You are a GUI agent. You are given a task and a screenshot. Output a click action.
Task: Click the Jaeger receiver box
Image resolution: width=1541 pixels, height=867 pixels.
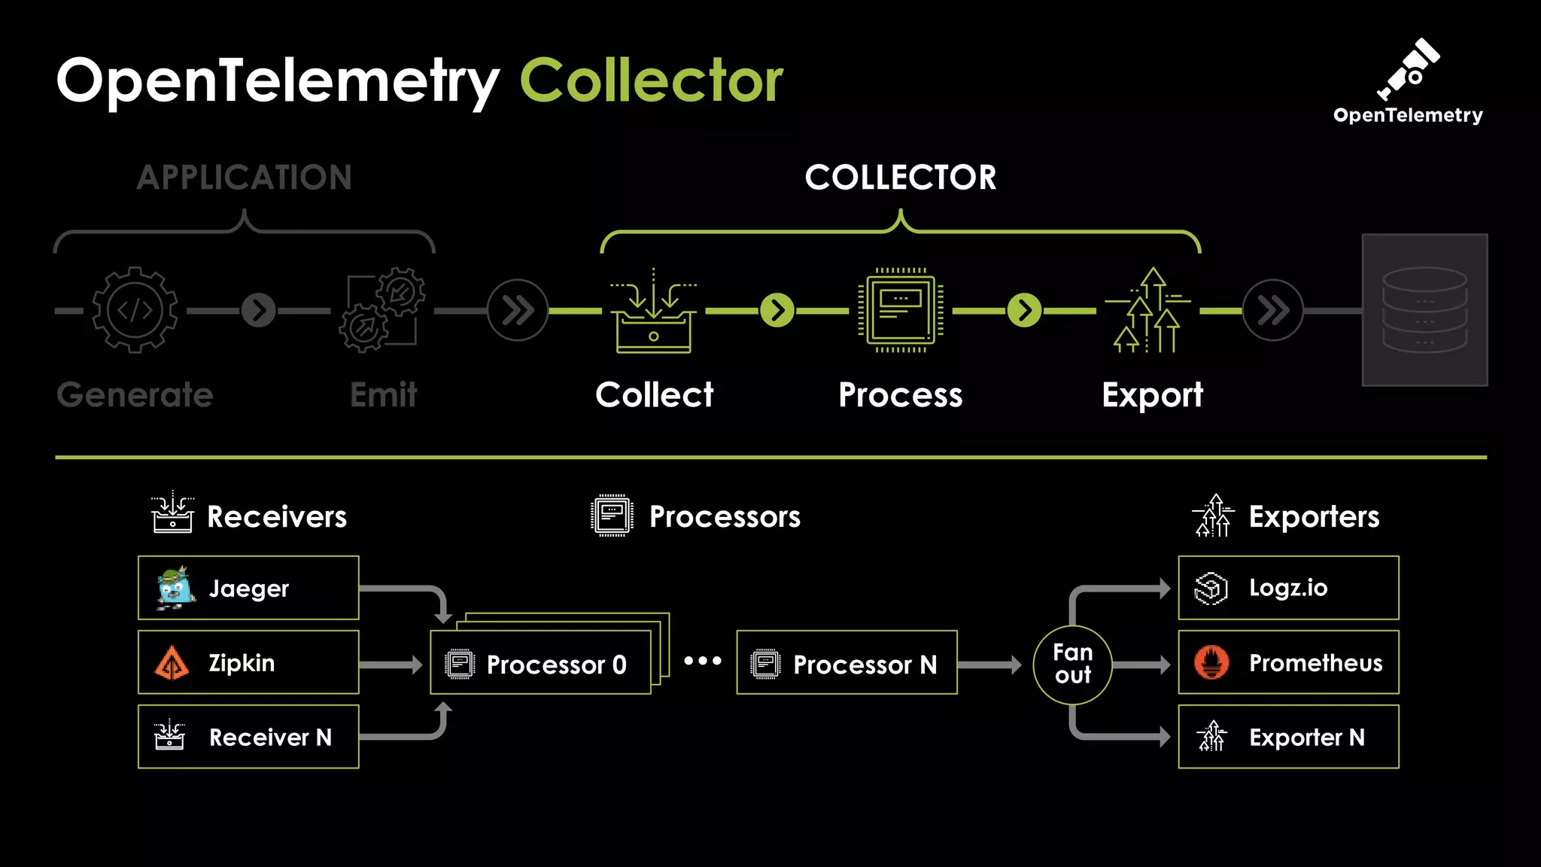pyautogui.click(x=248, y=588)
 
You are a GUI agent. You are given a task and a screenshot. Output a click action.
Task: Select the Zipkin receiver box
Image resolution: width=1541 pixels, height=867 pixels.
pyautogui.click(x=248, y=662)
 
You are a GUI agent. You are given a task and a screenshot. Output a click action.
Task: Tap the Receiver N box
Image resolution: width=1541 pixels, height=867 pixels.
pyautogui.click(x=248, y=737)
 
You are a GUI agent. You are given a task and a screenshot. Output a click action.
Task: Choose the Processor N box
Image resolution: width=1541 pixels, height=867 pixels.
pyautogui.click(x=846, y=663)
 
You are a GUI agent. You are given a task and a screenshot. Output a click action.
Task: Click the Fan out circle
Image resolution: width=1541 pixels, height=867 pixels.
pyautogui.click(x=1072, y=665)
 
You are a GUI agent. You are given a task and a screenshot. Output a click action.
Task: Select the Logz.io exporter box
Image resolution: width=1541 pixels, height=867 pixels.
pyautogui.click(x=1288, y=588)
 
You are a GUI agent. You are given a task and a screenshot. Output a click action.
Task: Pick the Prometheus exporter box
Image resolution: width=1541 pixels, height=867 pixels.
pyautogui.click(x=1288, y=662)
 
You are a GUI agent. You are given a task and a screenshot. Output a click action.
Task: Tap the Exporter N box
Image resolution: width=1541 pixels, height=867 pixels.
pyautogui.click(x=1288, y=737)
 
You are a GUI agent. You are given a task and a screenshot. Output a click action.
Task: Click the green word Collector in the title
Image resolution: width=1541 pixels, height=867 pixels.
pyautogui.click(x=652, y=81)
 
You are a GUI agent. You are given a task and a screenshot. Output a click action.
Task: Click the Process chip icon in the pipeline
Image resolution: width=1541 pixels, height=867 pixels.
pyautogui.click(x=900, y=311)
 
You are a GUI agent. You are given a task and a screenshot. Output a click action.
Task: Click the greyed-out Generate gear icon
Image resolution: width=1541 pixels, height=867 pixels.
pyautogui.click(x=135, y=310)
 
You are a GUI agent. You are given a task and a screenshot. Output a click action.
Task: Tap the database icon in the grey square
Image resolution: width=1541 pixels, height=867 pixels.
pyautogui.click(x=1424, y=310)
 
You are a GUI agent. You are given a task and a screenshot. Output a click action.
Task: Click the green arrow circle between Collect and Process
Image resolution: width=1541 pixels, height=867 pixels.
pyautogui.click(x=777, y=311)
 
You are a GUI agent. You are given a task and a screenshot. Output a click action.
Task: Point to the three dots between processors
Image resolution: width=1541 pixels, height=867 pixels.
pyautogui.click(x=702, y=662)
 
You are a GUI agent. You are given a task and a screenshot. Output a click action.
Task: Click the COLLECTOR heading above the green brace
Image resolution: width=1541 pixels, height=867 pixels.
pyautogui.click(x=900, y=178)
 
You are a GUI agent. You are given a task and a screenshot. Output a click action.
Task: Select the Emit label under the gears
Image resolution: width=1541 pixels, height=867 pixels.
pyautogui.click(x=383, y=395)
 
